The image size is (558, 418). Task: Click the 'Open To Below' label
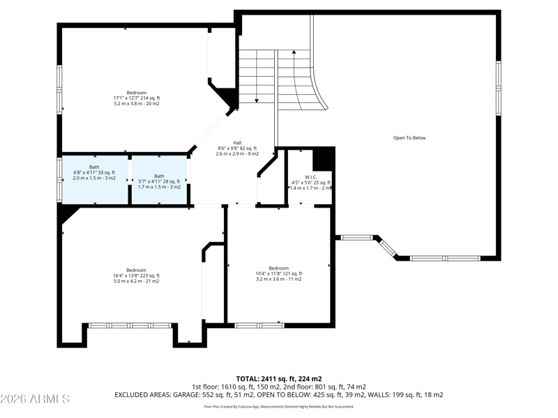click(409, 138)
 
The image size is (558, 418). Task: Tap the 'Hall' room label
click(237, 142)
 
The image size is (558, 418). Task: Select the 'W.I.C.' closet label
click(310, 177)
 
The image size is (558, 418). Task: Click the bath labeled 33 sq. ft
click(94, 176)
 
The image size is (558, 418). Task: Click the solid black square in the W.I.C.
click(322, 160)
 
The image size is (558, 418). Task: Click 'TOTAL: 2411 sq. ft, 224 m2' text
click(279, 378)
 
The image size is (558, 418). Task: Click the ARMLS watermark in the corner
click(35, 399)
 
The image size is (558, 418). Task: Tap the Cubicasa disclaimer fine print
click(279, 406)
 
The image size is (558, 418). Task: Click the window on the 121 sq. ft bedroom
click(258, 325)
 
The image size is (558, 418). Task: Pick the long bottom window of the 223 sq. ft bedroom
click(130, 325)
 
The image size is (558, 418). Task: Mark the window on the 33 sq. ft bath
click(59, 178)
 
